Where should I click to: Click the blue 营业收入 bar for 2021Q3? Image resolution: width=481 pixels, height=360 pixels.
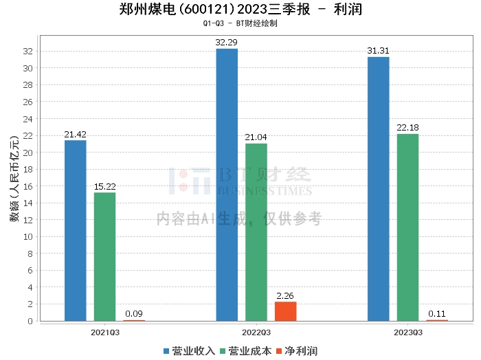coord(76,230)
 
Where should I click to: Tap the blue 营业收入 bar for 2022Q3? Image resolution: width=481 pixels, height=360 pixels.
coord(227,185)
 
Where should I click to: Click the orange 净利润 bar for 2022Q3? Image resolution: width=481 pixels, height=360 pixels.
coord(286,311)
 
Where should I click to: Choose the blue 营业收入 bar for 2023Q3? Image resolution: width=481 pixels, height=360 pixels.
coord(379,189)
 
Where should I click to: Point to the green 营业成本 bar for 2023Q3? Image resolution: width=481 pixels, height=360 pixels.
coord(408,227)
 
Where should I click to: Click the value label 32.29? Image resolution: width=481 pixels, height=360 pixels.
coord(227,43)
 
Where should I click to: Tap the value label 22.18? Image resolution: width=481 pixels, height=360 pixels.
coord(408,128)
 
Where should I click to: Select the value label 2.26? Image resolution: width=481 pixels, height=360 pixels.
coord(286,296)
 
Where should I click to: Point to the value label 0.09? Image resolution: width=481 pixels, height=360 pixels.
coord(134,314)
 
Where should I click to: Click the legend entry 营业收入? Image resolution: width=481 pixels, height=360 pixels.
coord(189,351)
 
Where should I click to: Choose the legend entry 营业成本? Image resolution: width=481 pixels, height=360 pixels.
coord(246,351)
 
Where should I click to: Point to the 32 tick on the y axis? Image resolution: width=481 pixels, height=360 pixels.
coord(27,52)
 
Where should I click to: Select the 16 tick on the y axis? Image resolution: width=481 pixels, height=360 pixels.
coord(27,186)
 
